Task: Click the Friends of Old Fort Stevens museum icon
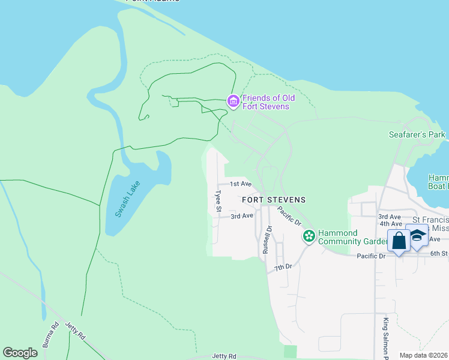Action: (x=233, y=103)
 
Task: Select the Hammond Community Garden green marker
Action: (x=309, y=236)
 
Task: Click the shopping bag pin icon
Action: (x=399, y=241)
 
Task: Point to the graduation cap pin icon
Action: (x=417, y=235)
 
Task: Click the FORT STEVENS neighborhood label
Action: (x=274, y=200)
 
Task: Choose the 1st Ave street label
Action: (x=241, y=184)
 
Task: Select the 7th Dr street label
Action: (x=284, y=266)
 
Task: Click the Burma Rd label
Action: (x=50, y=336)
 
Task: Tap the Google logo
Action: (x=20, y=353)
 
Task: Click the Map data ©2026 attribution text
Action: (x=424, y=355)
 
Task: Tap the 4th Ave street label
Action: (x=390, y=224)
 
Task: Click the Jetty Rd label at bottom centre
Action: (x=224, y=356)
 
